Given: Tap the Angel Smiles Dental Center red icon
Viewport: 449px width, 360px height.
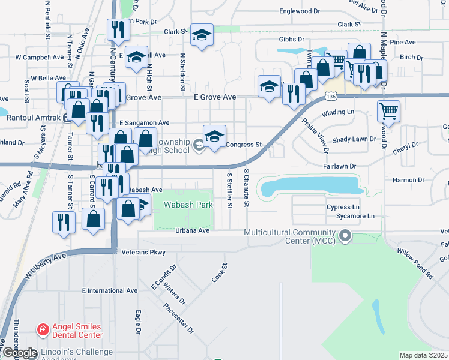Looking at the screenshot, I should [x=43, y=329].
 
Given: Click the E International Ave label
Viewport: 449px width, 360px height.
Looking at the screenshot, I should [x=110, y=290].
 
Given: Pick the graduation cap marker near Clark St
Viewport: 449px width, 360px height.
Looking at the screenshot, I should [x=202, y=35].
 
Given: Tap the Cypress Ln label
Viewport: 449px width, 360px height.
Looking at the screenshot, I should [x=343, y=207].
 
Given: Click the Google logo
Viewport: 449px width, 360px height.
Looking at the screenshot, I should [x=19, y=353].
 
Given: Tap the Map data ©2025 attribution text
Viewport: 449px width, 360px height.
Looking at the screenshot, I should [x=424, y=355].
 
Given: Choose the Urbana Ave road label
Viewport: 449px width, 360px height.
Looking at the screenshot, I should [x=192, y=230].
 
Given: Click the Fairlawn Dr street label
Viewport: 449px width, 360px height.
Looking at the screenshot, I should [x=340, y=166].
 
